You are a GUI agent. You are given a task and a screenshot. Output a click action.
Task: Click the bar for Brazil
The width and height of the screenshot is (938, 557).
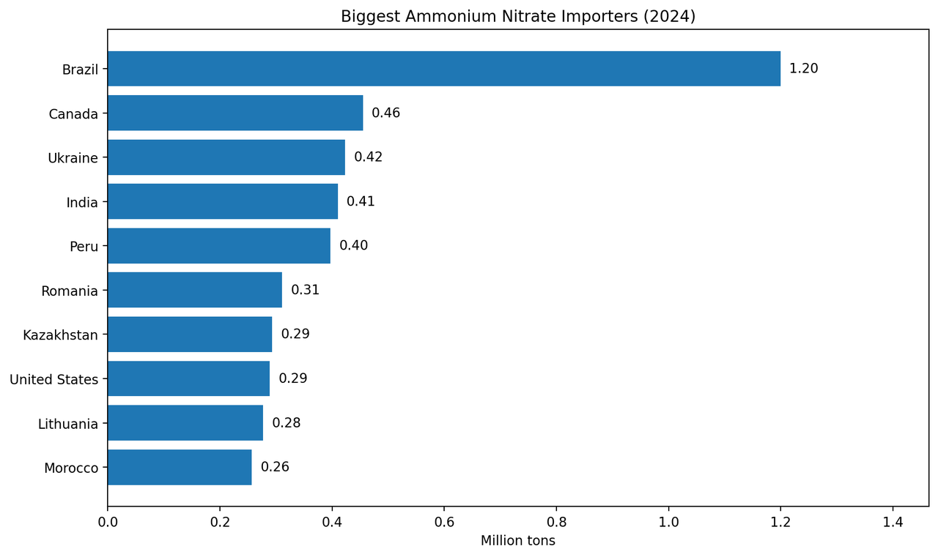[x=444, y=69]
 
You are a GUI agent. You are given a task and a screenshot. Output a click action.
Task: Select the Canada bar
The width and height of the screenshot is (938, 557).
[x=235, y=113]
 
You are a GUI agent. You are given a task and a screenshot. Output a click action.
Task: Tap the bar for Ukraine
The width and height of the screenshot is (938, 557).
[x=226, y=157]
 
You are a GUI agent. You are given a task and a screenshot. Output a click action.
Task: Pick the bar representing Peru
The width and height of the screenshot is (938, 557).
[x=219, y=246]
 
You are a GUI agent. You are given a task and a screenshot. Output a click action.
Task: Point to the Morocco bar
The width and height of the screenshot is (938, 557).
[x=180, y=467]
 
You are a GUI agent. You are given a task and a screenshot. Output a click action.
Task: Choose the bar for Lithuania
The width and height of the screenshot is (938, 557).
[x=185, y=423]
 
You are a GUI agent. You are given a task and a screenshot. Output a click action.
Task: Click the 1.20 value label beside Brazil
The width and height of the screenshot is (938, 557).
[x=804, y=68]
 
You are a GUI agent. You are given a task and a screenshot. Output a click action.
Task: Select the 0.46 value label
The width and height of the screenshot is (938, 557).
[x=386, y=113]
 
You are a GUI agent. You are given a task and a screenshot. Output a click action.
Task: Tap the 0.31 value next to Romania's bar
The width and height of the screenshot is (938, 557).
[x=306, y=289]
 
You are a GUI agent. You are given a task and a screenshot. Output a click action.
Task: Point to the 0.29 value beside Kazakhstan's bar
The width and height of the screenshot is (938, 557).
[x=295, y=334]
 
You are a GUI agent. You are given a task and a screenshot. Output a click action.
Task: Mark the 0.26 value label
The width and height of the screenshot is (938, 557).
[x=275, y=467]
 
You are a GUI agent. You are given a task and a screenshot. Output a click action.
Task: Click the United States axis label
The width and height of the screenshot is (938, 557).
[x=54, y=379]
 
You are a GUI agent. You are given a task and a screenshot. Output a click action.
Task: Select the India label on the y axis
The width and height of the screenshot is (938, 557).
[x=82, y=203]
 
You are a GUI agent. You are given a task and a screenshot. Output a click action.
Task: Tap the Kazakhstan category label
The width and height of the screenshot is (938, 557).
[x=60, y=335]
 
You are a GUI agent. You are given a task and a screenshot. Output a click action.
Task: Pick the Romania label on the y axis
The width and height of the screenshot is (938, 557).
[x=70, y=291]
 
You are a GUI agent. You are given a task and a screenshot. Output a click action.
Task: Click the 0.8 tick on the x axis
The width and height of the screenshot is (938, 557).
[x=556, y=523]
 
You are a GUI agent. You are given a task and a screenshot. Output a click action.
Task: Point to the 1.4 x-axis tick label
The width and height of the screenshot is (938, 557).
[x=893, y=523]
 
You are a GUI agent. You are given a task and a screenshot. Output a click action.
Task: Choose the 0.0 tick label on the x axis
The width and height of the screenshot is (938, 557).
[x=108, y=523]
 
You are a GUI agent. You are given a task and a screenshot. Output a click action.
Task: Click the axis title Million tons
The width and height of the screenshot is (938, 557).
[x=518, y=541]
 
